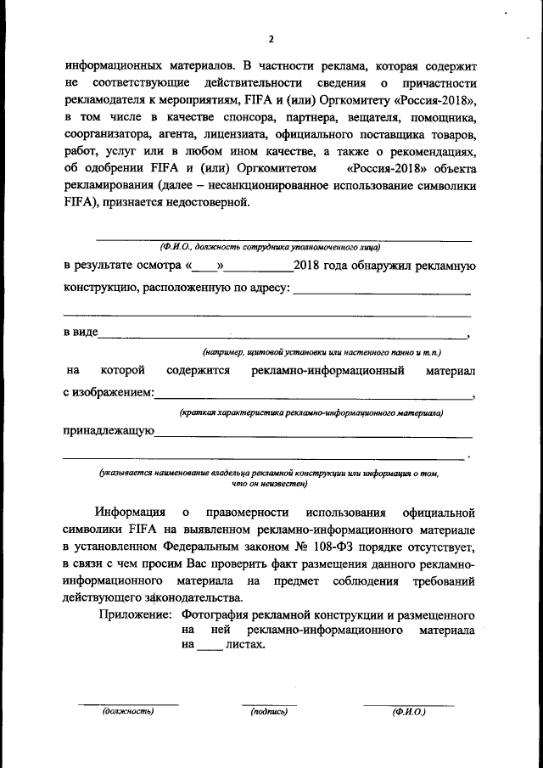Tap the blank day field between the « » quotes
coord(204,266)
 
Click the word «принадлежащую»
coord(109,432)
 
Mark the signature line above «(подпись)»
coord(269,704)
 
